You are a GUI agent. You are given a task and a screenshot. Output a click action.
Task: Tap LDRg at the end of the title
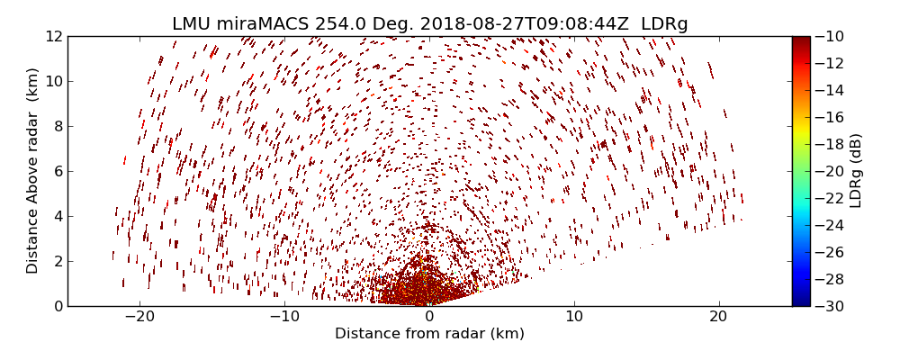tap(664, 24)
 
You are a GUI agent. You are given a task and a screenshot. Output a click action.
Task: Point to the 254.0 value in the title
tap(335, 24)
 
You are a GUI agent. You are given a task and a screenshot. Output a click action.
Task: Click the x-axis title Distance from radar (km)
tap(429, 334)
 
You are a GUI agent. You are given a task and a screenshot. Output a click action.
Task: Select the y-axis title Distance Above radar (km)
tap(33, 171)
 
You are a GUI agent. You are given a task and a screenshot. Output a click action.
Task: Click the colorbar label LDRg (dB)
tap(856, 171)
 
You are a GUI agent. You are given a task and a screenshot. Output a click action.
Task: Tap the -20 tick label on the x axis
tap(139, 317)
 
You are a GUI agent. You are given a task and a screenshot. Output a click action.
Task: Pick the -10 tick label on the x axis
tap(284, 317)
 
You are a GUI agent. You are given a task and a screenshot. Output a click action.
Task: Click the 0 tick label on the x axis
tap(429, 317)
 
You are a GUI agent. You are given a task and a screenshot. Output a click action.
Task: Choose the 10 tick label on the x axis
tap(574, 317)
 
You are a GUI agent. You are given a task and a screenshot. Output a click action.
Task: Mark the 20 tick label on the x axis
tap(718, 317)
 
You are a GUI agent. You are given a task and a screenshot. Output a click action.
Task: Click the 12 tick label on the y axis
tap(54, 36)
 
